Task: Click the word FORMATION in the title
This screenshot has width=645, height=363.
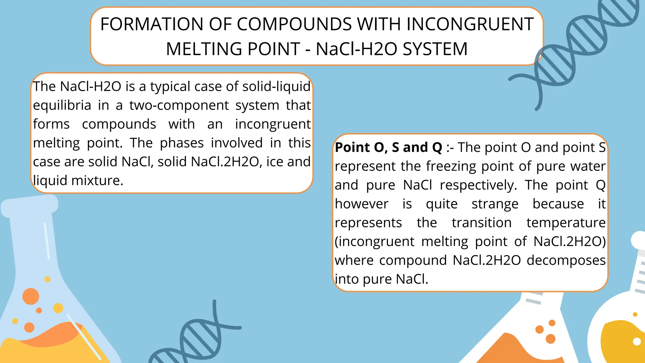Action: click(x=152, y=24)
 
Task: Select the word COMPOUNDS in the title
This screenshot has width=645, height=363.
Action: click(x=294, y=24)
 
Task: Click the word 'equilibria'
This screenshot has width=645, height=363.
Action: click(x=62, y=105)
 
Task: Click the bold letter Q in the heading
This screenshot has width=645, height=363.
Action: click(x=437, y=147)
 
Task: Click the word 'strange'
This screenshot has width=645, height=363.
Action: click(x=495, y=204)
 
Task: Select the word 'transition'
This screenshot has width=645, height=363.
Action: click(x=482, y=223)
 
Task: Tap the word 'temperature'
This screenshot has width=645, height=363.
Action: click(x=566, y=223)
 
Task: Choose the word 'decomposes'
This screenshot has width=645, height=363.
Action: click(x=566, y=260)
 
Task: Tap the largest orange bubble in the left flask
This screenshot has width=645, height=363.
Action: click(x=31, y=296)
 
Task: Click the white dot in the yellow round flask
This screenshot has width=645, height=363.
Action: click(x=637, y=342)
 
